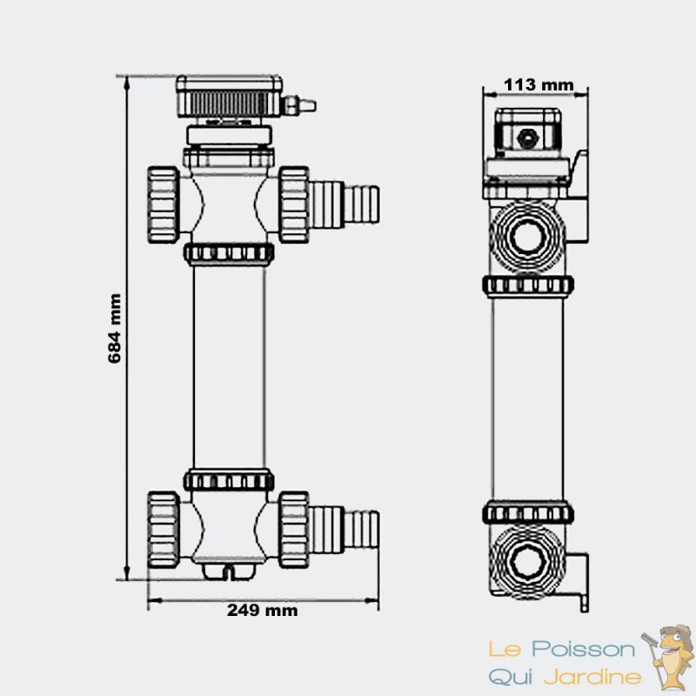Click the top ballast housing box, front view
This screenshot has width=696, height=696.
(x=231, y=96)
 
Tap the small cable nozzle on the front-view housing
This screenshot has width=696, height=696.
(x=301, y=106)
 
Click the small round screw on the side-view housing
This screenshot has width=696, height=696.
(x=527, y=137)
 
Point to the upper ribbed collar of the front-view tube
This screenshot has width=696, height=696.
(x=230, y=253)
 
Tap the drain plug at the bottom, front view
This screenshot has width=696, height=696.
(x=230, y=571)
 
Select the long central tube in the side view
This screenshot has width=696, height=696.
(x=529, y=396)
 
